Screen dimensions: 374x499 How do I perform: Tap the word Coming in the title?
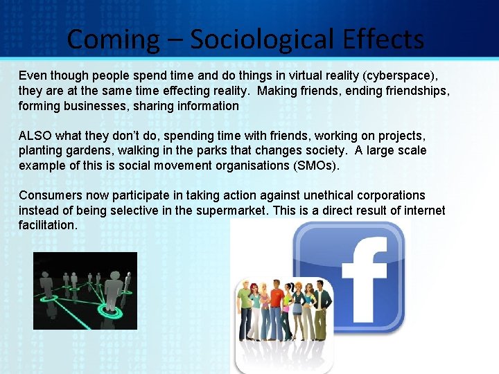tap(112, 39)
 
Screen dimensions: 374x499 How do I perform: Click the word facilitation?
tap(47, 226)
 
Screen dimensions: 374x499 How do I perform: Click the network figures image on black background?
tap(85, 290)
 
